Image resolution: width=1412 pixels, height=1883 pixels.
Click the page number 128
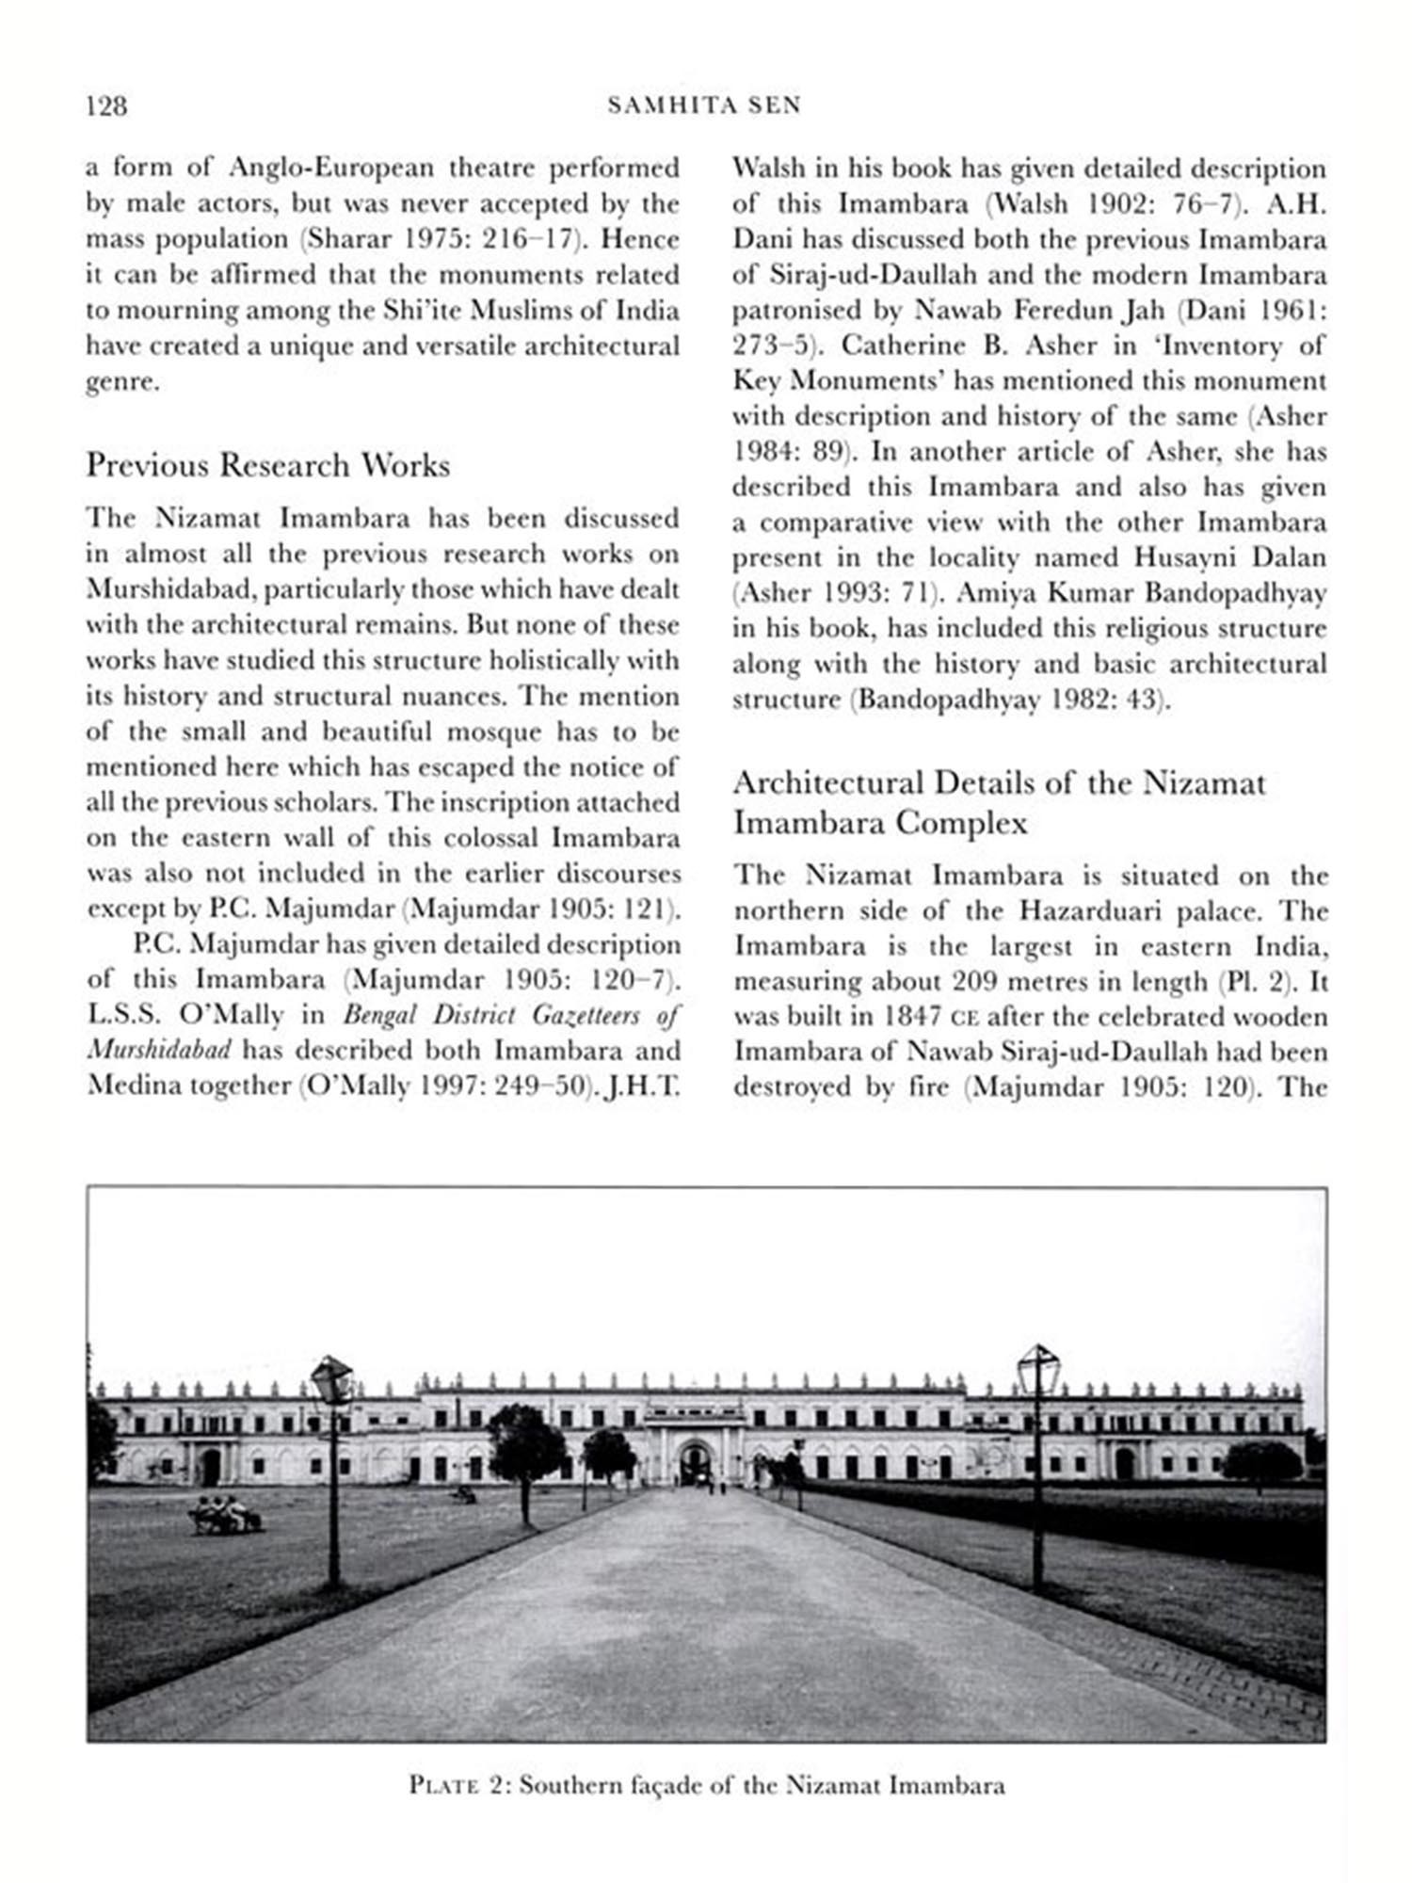click(x=106, y=105)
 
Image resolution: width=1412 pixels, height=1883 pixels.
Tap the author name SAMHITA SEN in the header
click(x=704, y=105)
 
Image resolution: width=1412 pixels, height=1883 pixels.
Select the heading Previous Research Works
click(x=268, y=465)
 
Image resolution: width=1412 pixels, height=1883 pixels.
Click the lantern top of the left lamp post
click(x=331, y=1378)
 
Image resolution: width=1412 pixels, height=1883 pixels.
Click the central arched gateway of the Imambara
click(x=695, y=1463)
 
